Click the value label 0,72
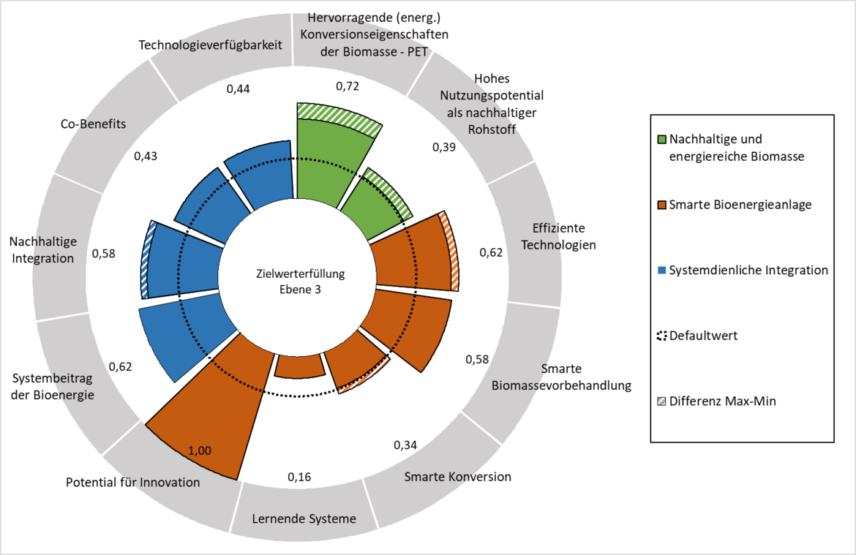click(348, 86)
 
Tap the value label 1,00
click(199, 450)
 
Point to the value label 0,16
click(299, 477)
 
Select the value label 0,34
click(405, 445)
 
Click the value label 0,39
click(444, 148)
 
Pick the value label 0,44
click(238, 89)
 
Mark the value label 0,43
click(145, 156)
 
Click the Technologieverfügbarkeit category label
click(210, 45)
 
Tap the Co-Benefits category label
click(94, 124)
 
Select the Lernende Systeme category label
click(304, 518)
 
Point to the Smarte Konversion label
click(457, 477)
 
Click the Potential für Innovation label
click(132, 483)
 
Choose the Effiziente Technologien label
click(558, 236)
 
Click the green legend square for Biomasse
click(661, 139)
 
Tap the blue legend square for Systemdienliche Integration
click(661, 270)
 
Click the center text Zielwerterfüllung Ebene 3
click(300, 282)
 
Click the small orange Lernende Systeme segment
click(300, 366)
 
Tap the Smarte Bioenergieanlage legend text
click(740, 205)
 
